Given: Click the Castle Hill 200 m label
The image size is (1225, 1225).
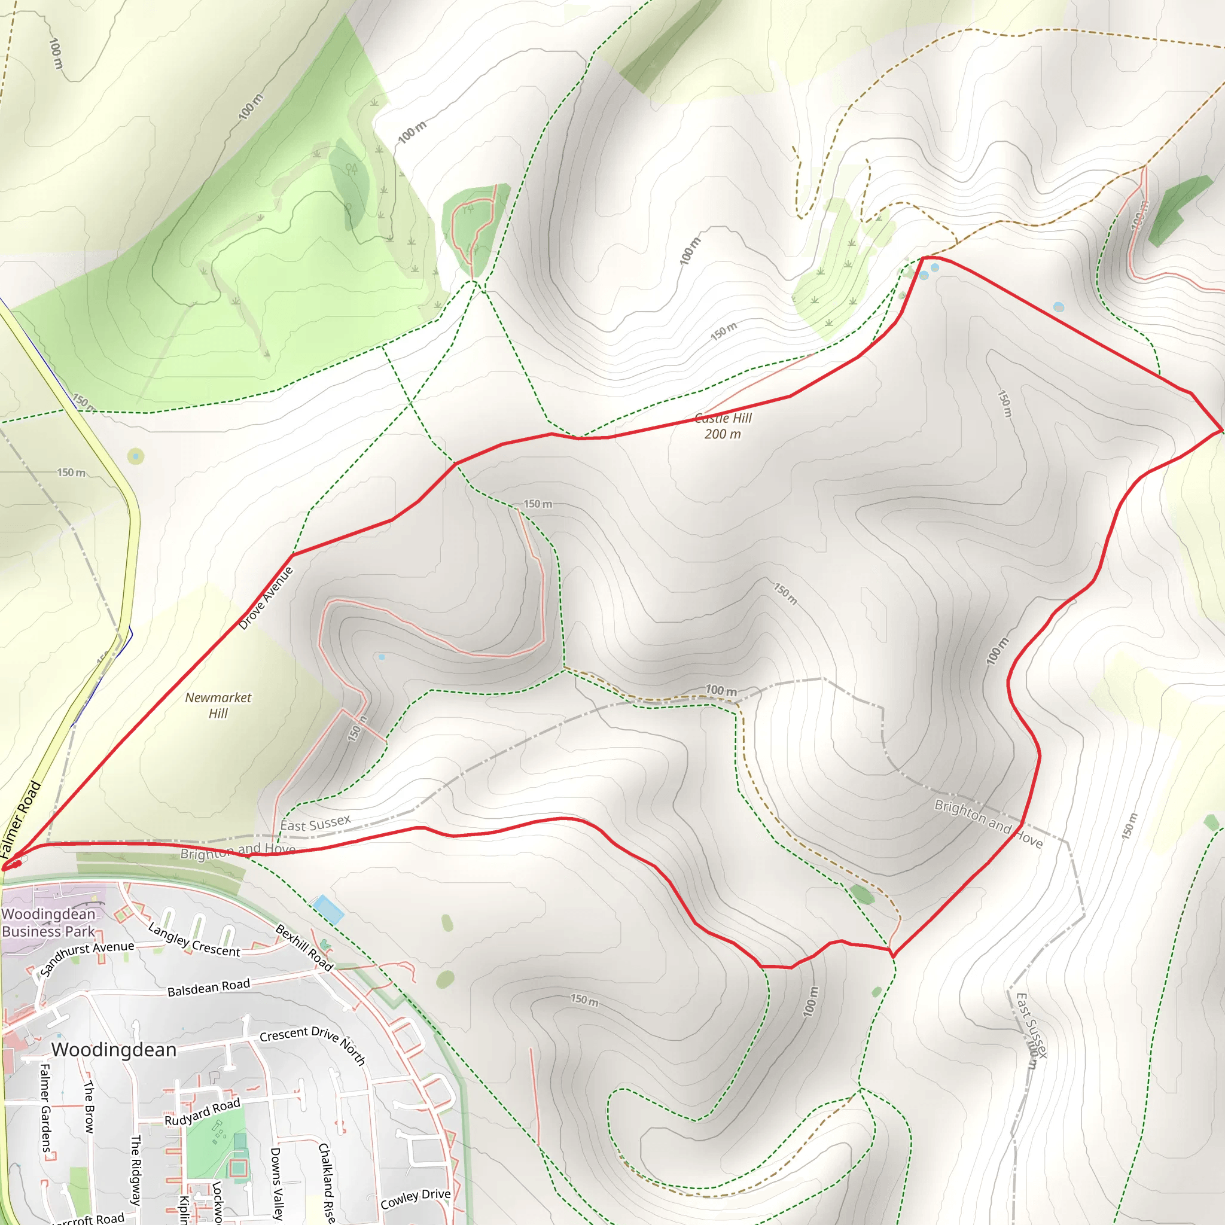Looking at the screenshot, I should (723, 426).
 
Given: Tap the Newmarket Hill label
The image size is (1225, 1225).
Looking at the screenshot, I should (218, 705).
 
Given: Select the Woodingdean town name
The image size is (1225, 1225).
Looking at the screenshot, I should (114, 1049).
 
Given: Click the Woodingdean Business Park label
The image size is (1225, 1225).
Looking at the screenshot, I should (48, 922).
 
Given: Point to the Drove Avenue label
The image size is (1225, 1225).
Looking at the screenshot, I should (266, 598).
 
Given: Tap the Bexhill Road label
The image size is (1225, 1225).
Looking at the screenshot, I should (304, 948).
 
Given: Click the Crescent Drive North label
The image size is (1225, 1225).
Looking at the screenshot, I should (313, 1043).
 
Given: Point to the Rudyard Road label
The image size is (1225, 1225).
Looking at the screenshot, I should (202, 1112).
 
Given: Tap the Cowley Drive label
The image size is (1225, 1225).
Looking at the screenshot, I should (415, 1198).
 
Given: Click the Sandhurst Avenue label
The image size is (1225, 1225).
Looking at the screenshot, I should (87, 958).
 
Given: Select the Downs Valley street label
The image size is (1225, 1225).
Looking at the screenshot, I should (276, 1183).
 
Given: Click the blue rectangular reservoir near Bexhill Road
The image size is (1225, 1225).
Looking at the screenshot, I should (328, 909).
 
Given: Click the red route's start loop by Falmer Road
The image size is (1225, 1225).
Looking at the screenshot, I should (13, 864).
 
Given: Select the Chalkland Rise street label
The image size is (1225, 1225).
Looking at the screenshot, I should (326, 1183).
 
